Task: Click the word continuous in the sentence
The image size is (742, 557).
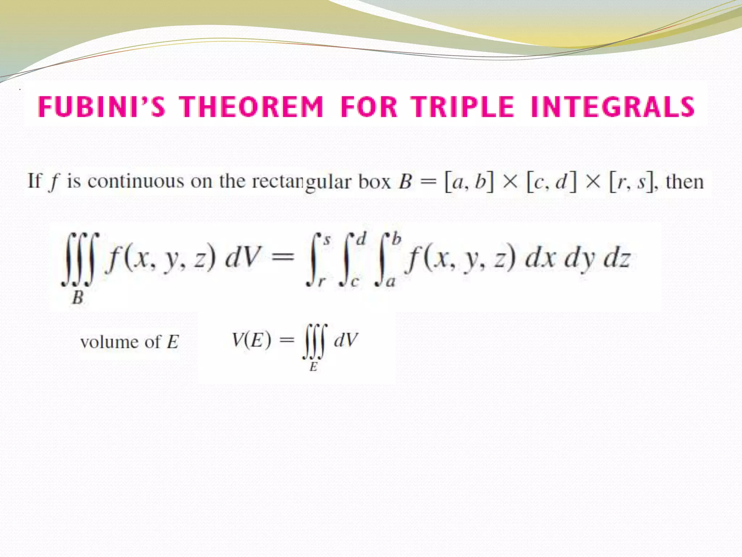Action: tap(136, 181)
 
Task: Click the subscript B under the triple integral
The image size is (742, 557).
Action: tap(78, 298)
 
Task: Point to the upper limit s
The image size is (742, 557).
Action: tap(327, 240)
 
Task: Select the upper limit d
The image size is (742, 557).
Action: tap(361, 239)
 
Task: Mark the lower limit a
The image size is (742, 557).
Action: tap(390, 281)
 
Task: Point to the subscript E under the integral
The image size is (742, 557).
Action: tap(313, 367)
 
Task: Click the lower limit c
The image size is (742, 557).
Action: tap(354, 281)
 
